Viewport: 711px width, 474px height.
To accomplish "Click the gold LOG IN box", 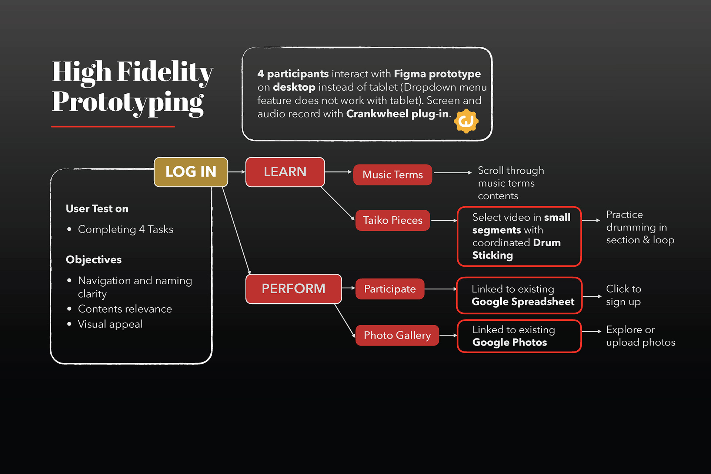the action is [191, 172].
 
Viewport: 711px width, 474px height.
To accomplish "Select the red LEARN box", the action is [285, 172].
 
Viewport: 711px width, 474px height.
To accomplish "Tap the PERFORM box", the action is [294, 289].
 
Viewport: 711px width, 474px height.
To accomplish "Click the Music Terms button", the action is [393, 175].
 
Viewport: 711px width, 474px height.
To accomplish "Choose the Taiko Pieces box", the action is [393, 220].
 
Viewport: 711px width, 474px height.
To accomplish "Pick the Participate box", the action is [390, 289].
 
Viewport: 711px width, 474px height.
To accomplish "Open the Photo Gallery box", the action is [397, 335].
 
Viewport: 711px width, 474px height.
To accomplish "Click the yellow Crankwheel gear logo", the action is [466, 121].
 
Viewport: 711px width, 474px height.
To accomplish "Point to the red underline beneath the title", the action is [113, 127].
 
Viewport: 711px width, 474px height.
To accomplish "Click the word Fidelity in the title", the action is [165, 72].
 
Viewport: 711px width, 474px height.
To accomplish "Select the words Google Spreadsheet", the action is [523, 302].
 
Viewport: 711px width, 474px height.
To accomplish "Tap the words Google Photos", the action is [510, 343].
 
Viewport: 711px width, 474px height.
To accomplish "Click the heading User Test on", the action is [97, 209].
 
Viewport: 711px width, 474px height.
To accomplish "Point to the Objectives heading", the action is [94, 260].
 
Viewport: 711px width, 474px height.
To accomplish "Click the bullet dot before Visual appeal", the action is [69, 324].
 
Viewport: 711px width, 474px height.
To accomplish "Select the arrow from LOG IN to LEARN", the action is [237, 172].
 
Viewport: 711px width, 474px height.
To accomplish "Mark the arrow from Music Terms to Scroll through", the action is [453, 173].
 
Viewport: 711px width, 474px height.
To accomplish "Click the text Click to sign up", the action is [624, 295].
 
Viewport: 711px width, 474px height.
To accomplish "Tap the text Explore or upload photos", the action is [641, 336].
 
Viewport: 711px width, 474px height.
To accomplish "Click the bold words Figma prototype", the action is [437, 74].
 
